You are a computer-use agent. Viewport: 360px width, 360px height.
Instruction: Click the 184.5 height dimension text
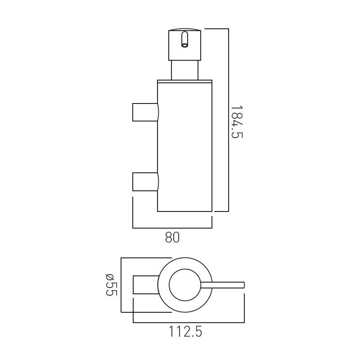point(236,122)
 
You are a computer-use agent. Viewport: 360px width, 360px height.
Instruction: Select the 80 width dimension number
point(172,237)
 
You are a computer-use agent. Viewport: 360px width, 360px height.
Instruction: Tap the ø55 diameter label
point(111,284)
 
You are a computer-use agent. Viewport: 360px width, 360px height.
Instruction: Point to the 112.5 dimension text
point(185,332)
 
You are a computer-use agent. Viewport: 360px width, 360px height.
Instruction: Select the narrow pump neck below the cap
point(185,70)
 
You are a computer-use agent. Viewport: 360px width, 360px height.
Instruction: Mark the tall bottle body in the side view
point(184,148)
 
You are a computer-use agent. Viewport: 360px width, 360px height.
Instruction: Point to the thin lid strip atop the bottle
point(184,81)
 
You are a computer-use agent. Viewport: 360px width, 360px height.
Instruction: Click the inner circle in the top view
point(184,285)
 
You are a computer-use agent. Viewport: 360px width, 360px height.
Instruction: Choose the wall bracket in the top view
point(145,284)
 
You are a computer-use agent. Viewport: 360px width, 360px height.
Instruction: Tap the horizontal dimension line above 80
point(172,228)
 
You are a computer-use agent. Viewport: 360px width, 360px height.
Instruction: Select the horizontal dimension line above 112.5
point(189,323)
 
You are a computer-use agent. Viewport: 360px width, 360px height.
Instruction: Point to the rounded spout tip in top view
point(243,285)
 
